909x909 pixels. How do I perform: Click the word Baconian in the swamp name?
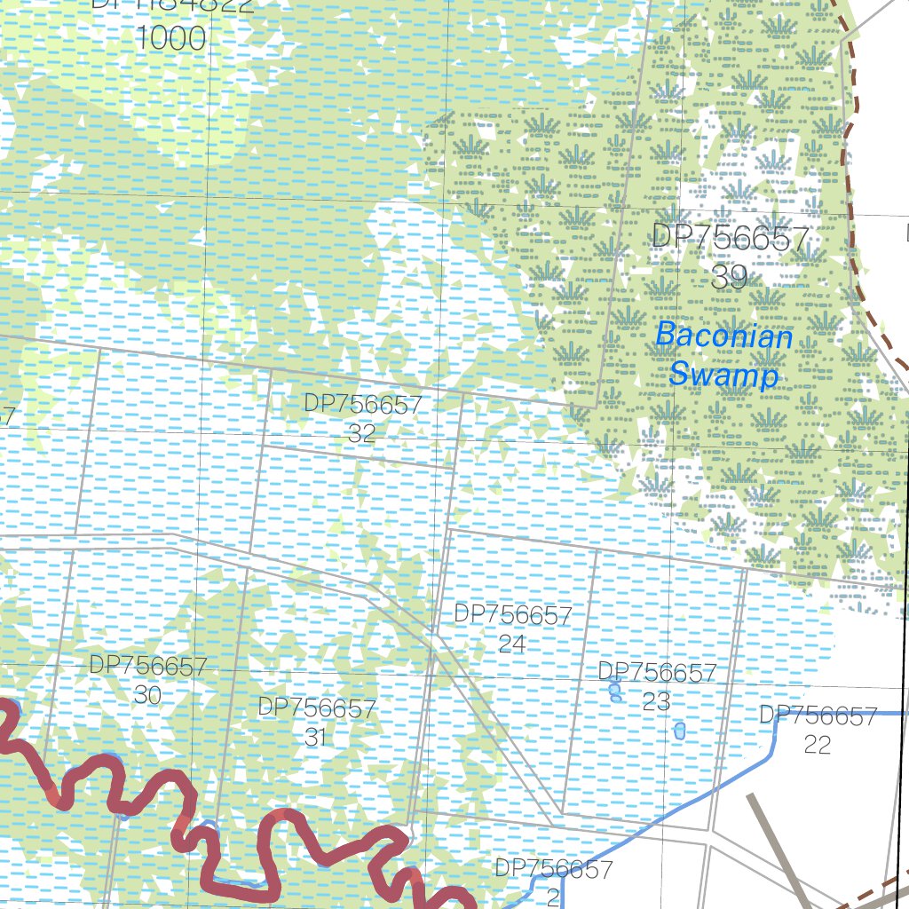point(723,337)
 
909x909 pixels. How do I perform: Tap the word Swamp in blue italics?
point(723,375)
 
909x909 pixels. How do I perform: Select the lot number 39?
point(729,278)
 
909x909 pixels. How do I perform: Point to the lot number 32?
point(362,434)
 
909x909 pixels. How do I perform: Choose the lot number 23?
point(656,702)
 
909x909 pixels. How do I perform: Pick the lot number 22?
point(817,744)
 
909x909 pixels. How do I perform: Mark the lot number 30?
point(147,695)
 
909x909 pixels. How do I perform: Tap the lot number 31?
point(316,737)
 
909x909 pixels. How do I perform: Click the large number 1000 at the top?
point(172,39)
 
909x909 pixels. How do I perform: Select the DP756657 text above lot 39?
point(730,238)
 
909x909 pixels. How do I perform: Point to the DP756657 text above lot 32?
point(363,405)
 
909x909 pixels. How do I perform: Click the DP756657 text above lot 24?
point(512,615)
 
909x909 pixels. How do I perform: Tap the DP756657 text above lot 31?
point(317,708)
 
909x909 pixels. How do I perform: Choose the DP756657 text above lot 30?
point(148,667)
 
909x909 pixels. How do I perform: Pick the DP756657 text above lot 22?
point(818,715)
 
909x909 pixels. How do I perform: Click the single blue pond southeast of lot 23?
point(680,731)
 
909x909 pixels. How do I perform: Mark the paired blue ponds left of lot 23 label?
point(615,690)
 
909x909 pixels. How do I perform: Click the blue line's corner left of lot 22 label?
point(779,713)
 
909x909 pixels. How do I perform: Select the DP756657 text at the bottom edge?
point(553,868)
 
